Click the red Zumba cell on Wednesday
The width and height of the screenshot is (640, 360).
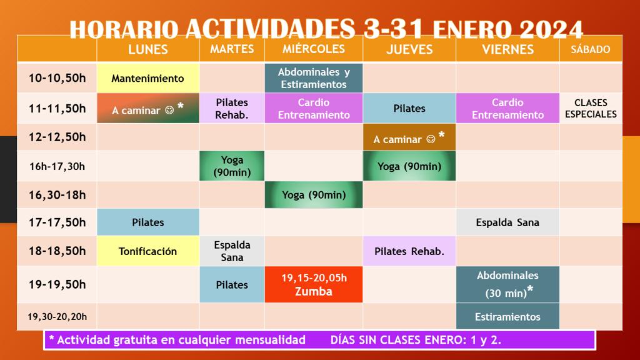click(314, 284)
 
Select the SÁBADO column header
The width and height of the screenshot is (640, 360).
click(591, 49)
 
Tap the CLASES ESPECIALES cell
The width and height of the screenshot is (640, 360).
click(591, 108)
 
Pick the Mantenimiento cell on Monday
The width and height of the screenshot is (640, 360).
click(147, 78)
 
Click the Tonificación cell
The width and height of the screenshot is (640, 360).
click(147, 251)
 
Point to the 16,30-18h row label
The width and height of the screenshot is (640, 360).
click(57, 195)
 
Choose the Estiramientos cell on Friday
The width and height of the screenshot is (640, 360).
click(507, 316)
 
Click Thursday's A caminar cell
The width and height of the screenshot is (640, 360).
click(409, 137)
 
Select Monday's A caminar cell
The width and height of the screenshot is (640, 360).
click(147, 108)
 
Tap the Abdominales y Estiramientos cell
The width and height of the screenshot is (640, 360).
click(314, 78)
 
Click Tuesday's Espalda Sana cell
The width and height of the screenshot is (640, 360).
click(232, 251)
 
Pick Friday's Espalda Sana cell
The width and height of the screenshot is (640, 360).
click(507, 222)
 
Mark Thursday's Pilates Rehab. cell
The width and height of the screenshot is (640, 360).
click(409, 251)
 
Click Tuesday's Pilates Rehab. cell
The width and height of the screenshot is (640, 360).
click(232, 108)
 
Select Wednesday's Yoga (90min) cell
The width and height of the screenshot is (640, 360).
click(314, 195)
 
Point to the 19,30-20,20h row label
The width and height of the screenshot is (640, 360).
click(57, 316)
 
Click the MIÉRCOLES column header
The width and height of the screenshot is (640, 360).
click(314, 49)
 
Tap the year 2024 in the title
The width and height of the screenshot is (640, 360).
click(551, 29)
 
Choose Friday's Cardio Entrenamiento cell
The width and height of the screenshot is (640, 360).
click(507, 108)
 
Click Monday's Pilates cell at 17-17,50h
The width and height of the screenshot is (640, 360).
click(147, 222)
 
